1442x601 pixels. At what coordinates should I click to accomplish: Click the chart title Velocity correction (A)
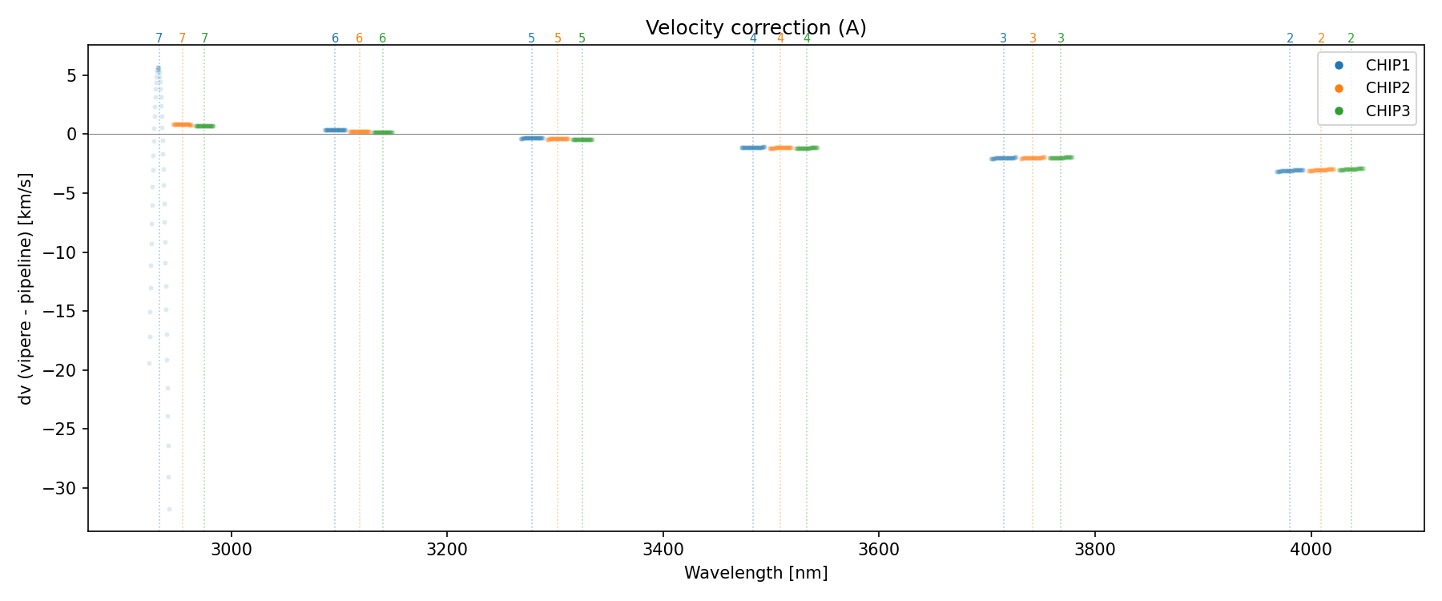755,28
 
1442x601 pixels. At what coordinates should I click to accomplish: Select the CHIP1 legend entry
1388,66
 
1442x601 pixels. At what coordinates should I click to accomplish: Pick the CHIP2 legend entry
1388,88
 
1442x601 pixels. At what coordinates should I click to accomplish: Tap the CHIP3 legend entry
1388,111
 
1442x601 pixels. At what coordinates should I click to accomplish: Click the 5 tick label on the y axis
71,75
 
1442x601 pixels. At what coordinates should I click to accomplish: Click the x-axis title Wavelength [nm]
755,574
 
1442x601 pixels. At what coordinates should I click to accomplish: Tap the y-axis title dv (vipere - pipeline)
26,288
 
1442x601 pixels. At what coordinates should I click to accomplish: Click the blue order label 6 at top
335,38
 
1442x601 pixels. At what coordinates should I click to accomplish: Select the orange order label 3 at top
1033,38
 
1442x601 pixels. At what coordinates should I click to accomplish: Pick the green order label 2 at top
1351,38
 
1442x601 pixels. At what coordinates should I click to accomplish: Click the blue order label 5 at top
531,38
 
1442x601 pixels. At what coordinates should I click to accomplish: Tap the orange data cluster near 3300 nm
558,139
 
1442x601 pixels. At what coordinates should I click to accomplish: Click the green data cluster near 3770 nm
1061,158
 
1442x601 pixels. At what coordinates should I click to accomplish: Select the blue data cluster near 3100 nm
335,130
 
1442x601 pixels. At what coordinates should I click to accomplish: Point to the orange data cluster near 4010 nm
1321,170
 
